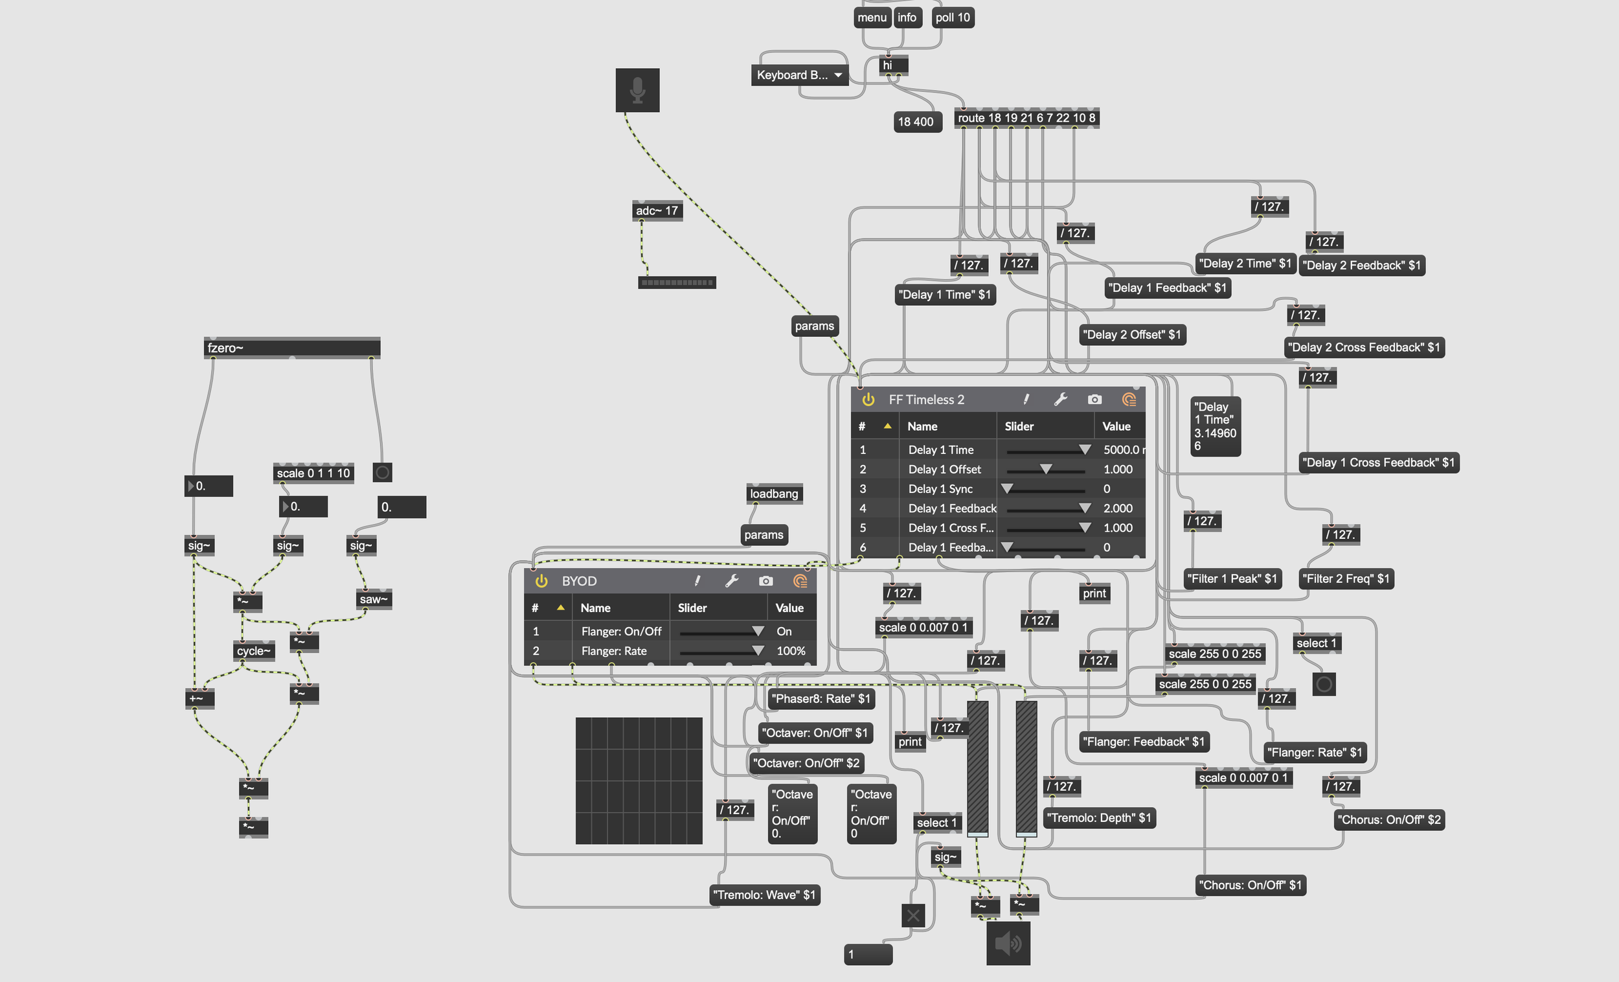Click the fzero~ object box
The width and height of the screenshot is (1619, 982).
click(291, 348)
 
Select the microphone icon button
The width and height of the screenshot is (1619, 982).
click(637, 90)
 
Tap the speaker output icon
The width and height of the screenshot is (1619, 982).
click(1008, 943)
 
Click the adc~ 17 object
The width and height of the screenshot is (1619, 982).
click(657, 211)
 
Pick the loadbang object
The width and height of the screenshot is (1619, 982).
click(774, 494)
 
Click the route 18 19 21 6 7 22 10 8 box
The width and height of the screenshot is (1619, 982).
click(1026, 119)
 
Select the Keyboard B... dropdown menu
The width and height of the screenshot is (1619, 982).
click(799, 75)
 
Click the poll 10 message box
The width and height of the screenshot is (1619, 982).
click(952, 17)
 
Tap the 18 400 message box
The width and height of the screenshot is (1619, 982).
click(915, 122)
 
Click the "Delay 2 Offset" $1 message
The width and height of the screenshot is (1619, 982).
click(1131, 334)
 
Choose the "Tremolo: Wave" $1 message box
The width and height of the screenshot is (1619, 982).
click(765, 895)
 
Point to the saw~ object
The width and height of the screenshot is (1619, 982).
click(373, 599)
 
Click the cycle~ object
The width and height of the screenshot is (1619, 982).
click(254, 651)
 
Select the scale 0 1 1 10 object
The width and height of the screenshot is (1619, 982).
click(313, 474)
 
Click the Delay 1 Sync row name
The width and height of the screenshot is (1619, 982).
click(940, 489)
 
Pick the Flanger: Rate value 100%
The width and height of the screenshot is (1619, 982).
click(791, 651)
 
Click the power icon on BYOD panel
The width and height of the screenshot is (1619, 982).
click(541, 581)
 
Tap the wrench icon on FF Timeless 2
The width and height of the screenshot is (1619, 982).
click(1061, 399)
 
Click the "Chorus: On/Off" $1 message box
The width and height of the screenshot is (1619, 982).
click(1250, 885)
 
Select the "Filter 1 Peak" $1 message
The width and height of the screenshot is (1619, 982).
click(1231, 578)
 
